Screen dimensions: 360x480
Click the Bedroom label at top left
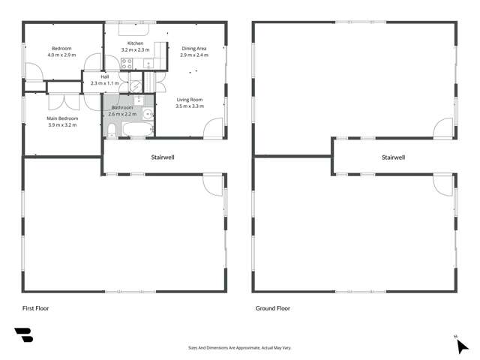click(61, 49)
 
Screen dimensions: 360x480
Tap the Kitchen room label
click(135, 43)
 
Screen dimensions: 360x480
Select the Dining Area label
click(193, 49)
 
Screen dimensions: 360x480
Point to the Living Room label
click(190, 100)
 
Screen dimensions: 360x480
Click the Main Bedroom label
click(63, 118)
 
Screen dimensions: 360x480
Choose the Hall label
click(105, 76)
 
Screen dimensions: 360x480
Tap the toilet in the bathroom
click(112, 133)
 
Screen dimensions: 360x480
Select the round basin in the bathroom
click(148, 115)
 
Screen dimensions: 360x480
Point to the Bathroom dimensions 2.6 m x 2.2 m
click(122, 114)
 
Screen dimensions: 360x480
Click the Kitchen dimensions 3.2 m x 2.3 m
click(136, 49)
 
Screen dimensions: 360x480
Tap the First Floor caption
click(35, 308)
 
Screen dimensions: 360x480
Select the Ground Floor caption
click(273, 308)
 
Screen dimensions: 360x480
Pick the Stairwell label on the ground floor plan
click(393, 157)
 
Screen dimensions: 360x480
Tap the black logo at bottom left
click(23, 336)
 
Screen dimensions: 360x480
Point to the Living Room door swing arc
click(213, 127)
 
